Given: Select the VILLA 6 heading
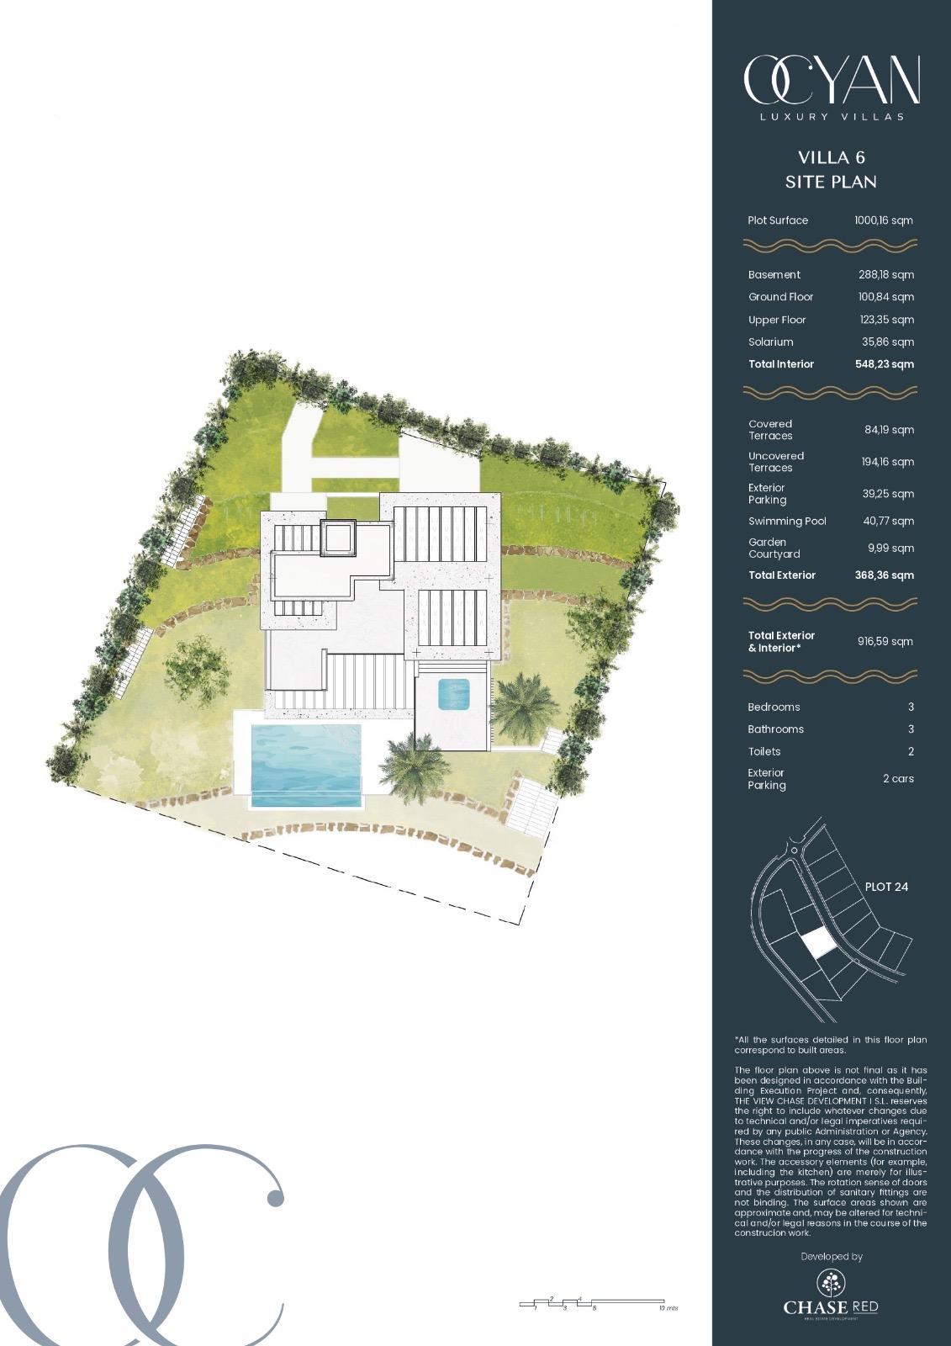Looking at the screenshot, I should [x=831, y=157].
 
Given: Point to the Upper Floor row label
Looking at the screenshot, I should [x=777, y=320].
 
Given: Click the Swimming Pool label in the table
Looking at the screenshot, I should [x=787, y=522].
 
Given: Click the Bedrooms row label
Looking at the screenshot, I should [x=774, y=707].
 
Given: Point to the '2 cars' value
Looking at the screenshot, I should [x=898, y=779].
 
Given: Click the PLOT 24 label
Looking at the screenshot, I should [x=886, y=887].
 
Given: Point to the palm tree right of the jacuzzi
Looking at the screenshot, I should [x=523, y=705].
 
